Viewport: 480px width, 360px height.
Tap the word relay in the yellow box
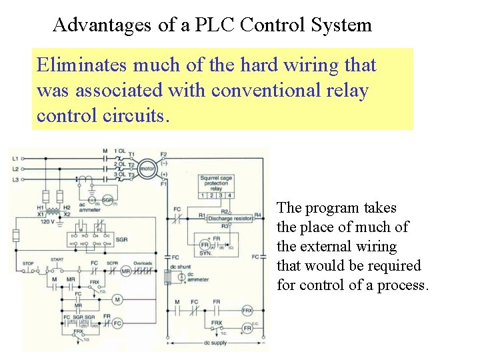click(x=345, y=90)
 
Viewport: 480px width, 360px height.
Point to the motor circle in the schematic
click(x=147, y=169)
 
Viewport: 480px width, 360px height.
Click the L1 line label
click(x=15, y=159)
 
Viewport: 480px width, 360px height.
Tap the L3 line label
click(x=15, y=179)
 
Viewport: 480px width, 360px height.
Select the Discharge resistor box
click(x=230, y=218)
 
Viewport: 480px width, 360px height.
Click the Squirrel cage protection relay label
click(x=217, y=183)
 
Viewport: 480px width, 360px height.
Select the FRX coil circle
click(x=247, y=311)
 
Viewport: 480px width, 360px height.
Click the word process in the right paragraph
click(x=403, y=285)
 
